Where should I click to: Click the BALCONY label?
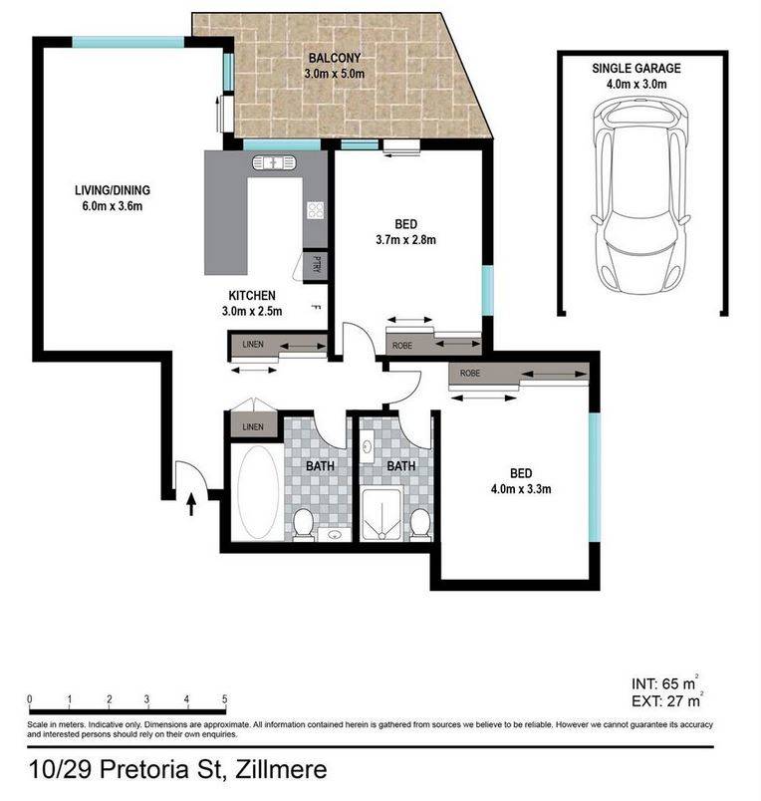pos(335,58)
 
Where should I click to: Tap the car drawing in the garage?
pos(641,195)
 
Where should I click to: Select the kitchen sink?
pos(274,162)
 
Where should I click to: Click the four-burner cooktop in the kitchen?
pos(316,210)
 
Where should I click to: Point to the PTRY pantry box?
pos(315,265)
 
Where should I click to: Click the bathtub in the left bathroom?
pos(258,492)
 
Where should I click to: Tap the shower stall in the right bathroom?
pos(381,513)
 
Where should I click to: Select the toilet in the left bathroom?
pos(303,524)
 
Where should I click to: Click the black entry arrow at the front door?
pos(191,504)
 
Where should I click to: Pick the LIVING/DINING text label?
pos(113,190)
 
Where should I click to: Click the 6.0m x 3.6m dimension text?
pos(113,206)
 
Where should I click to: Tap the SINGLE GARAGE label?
pos(636,68)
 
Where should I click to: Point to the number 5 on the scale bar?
pos(224,699)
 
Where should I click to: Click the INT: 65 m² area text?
pos(664,683)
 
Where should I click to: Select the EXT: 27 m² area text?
pos(667,701)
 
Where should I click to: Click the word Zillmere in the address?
pos(281,769)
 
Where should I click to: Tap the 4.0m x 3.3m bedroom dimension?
pos(521,489)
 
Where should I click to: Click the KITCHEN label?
pos(252,295)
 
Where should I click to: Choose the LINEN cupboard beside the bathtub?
pos(253,426)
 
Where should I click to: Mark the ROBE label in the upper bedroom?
pos(402,346)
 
